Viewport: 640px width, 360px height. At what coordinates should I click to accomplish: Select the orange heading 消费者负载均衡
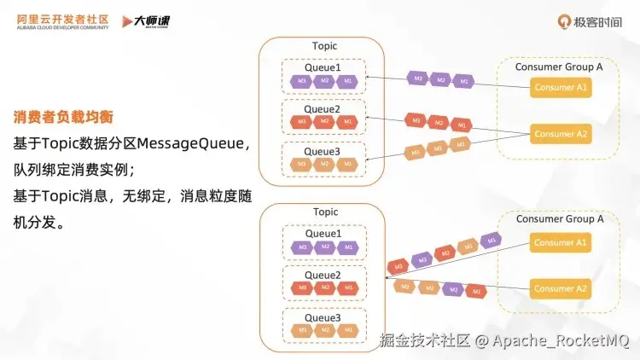click(63, 116)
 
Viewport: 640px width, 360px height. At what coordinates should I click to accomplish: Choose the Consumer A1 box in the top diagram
click(561, 88)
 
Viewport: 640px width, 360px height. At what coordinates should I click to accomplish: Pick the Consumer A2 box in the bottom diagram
click(561, 289)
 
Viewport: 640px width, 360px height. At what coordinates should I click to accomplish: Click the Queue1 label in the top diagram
click(323, 67)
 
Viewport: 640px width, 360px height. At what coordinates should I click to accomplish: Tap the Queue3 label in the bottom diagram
click(323, 317)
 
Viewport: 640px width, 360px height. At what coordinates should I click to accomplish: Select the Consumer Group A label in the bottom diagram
click(560, 219)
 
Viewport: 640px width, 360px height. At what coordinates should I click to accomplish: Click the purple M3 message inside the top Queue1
click(301, 81)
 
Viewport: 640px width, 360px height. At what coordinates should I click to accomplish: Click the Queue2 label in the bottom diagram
click(323, 275)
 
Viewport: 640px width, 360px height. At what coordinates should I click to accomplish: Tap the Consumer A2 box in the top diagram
click(561, 134)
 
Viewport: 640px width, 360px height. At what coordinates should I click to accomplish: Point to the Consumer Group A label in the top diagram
click(560, 67)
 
